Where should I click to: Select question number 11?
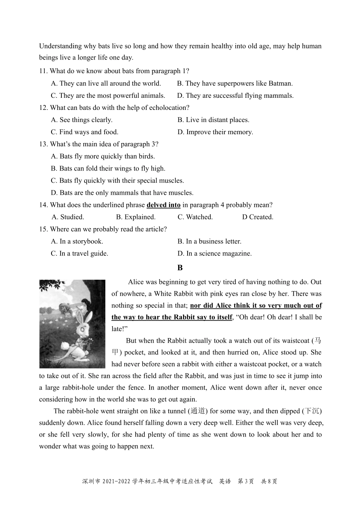[x=43, y=71]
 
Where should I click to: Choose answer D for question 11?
[x=235, y=96]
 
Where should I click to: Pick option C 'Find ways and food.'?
[x=85, y=132]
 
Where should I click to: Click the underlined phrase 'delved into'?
[x=163, y=205]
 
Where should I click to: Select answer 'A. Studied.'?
[x=68, y=217]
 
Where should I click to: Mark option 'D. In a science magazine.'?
[x=214, y=254]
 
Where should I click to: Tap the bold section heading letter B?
[x=180, y=268]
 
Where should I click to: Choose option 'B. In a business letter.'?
[x=209, y=241]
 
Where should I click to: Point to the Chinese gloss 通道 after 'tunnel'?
[x=198, y=411]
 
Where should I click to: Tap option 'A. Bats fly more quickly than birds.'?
[x=103, y=156]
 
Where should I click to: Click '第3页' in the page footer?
[x=245, y=481]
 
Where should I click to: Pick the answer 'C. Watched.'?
[x=195, y=217]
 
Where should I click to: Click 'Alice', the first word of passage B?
[x=136, y=282]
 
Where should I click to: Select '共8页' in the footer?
[x=269, y=481]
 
